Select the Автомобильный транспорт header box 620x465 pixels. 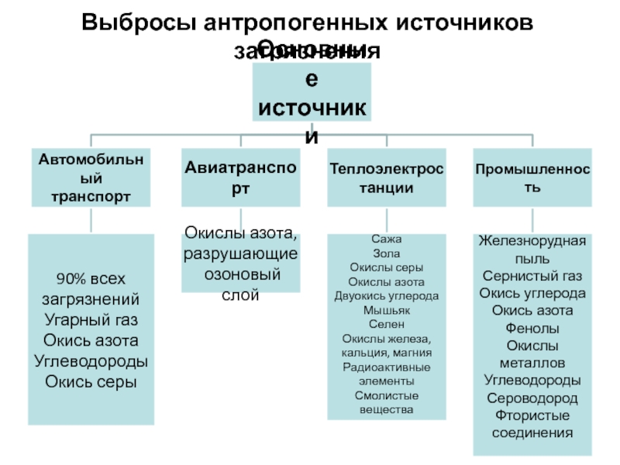point(91,177)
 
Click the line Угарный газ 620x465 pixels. point(91,320)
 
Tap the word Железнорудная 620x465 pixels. point(532,241)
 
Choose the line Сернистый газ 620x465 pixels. point(532,275)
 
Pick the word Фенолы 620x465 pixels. point(532,328)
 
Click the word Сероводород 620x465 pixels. point(532,398)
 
